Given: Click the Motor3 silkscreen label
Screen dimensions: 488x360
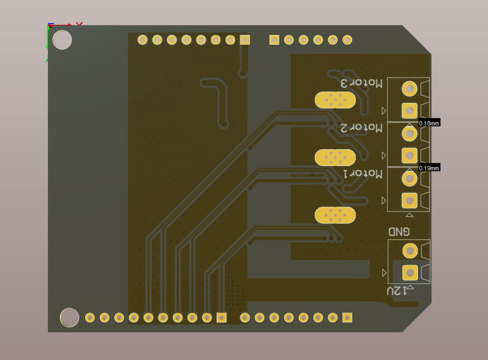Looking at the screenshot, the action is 361,83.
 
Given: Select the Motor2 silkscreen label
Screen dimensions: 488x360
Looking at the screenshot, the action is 361,128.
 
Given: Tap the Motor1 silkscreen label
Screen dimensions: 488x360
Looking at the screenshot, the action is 362,174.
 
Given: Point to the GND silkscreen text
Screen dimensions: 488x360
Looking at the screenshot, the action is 399,232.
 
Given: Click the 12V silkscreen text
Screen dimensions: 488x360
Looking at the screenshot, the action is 397,290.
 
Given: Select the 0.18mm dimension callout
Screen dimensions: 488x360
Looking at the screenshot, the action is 429,123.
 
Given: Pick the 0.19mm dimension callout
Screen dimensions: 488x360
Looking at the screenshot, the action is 429,168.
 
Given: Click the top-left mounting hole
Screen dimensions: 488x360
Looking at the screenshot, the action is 62,40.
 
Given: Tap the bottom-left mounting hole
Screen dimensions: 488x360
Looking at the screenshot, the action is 70,317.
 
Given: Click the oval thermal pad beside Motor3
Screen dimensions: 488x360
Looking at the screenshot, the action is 335,100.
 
